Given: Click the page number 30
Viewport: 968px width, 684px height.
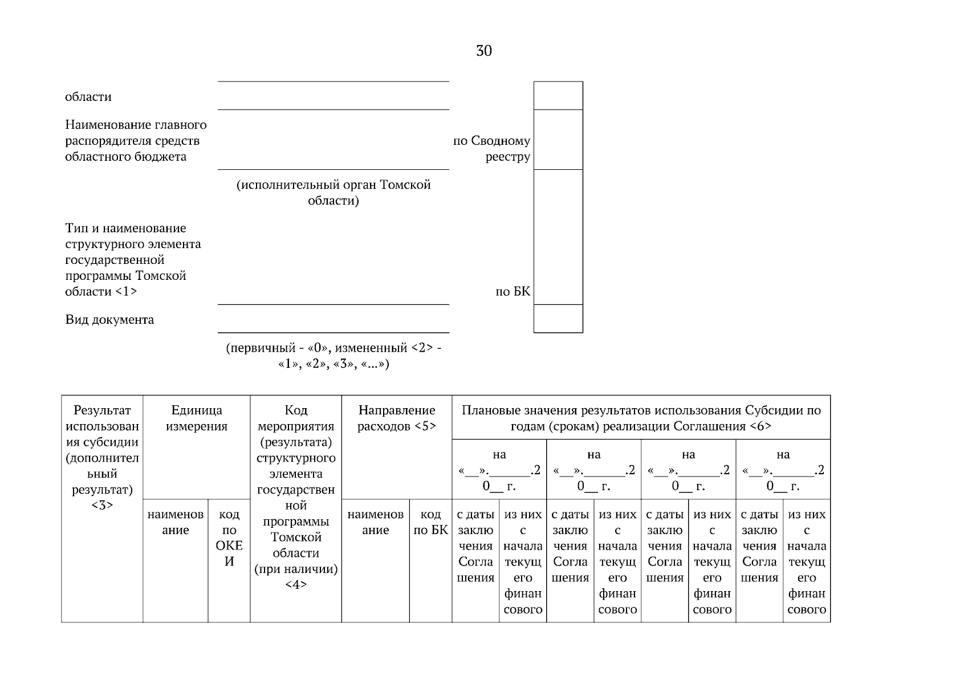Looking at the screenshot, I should pos(483,51).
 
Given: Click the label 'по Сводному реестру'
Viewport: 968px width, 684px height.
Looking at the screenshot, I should pos(491,149).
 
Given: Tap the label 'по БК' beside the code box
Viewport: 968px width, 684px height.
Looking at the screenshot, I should pos(513,292).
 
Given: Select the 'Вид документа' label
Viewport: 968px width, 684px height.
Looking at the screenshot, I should pos(109,320).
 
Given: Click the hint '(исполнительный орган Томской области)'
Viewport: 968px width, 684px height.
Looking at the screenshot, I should pos(333,193).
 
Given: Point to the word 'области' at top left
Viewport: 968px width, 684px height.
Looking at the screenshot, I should pos(88,97).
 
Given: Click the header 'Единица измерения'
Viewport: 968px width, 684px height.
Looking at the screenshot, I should pos(196,418).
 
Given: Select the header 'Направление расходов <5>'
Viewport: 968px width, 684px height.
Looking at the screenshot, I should pos(396,418).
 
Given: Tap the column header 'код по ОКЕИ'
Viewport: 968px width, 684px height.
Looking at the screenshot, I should pos(229,538).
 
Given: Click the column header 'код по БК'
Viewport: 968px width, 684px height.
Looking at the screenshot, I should pos(430,522).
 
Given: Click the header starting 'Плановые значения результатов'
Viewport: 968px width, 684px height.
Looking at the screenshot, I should pos(641,418).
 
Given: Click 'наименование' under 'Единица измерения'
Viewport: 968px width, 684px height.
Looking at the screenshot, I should pos(175,522).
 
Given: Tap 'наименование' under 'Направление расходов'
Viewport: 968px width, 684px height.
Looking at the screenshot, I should pos(375,522).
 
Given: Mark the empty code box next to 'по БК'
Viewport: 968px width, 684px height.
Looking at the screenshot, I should pos(558,237).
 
